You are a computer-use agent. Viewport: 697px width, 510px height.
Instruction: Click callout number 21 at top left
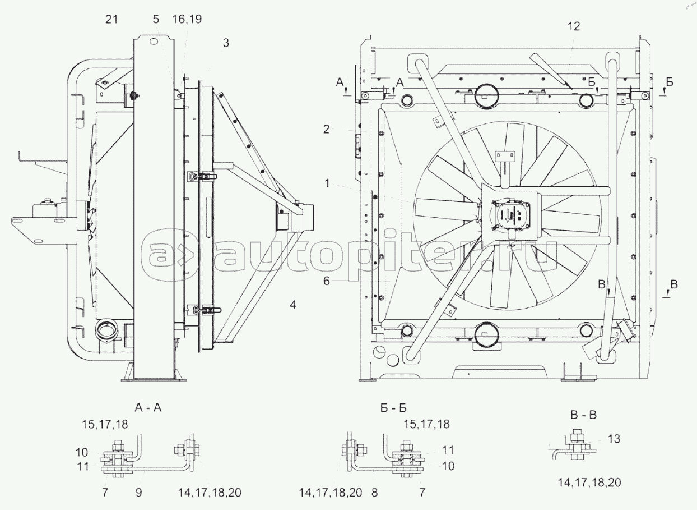click(111, 20)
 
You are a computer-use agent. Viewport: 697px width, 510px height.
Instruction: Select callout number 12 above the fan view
click(573, 26)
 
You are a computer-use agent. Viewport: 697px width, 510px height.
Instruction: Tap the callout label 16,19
click(187, 20)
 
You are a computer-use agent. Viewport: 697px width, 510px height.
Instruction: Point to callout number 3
click(225, 43)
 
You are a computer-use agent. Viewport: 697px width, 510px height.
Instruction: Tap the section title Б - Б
click(389, 408)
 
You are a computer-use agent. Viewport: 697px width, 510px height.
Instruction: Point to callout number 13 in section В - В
click(614, 439)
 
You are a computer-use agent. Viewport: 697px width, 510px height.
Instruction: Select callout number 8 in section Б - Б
click(374, 493)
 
